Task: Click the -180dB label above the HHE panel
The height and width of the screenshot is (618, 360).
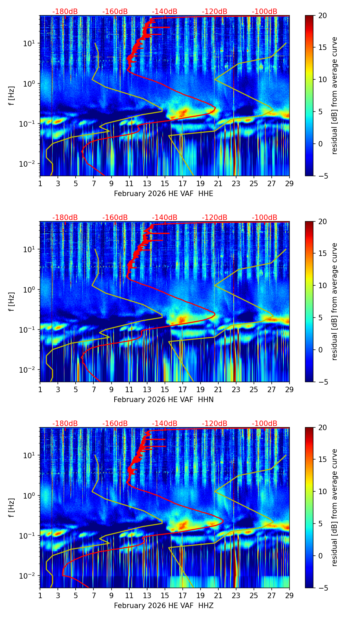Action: click(x=65, y=12)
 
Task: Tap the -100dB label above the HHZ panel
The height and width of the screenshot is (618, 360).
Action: click(x=265, y=424)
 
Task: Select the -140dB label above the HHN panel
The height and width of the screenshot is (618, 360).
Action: click(x=165, y=218)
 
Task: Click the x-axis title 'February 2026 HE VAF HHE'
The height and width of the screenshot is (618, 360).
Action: click(x=164, y=194)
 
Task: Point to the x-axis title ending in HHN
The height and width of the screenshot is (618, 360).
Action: click(x=164, y=400)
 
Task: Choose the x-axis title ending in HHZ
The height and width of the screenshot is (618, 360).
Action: click(x=164, y=606)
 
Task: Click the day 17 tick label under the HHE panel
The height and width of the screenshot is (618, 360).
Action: click(x=183, y=183)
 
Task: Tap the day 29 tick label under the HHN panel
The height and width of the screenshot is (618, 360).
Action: click(x=290, y=389)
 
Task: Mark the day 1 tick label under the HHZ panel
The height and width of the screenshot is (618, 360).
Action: click(x=40, y=595)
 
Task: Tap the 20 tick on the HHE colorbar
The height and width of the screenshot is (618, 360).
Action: click(x=322, y=16)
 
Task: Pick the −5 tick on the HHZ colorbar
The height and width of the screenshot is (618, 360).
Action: click(x=322, y=588)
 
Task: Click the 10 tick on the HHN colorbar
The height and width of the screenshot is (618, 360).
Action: click(x=322, y=285)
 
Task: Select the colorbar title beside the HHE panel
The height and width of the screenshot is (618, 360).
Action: click(x=334, y=95)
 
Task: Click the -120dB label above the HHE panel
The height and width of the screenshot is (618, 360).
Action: click(x=215, y=12)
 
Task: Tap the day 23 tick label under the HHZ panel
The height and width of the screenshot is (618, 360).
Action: click(x=236, y=595)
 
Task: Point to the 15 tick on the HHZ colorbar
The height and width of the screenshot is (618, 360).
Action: click(x=322, y=460)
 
